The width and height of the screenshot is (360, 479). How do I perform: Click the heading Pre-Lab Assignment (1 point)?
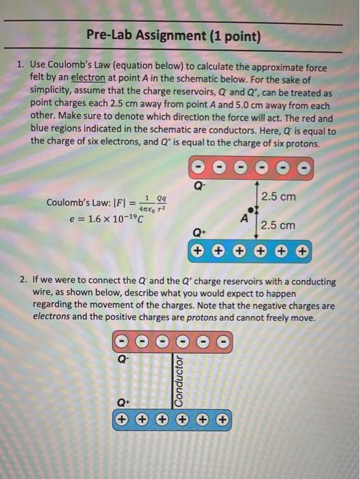[x=174, y=35]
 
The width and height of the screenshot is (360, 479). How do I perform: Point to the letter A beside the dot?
[x=244, y=217]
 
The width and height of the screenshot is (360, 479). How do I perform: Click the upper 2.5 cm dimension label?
[x=278, y=196]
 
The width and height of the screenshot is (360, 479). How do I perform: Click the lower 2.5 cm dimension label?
[x=278, y=225]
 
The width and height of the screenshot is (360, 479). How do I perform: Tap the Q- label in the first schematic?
[x=199, y=184]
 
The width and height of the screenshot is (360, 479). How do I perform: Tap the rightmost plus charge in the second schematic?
[x=222, y=418]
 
